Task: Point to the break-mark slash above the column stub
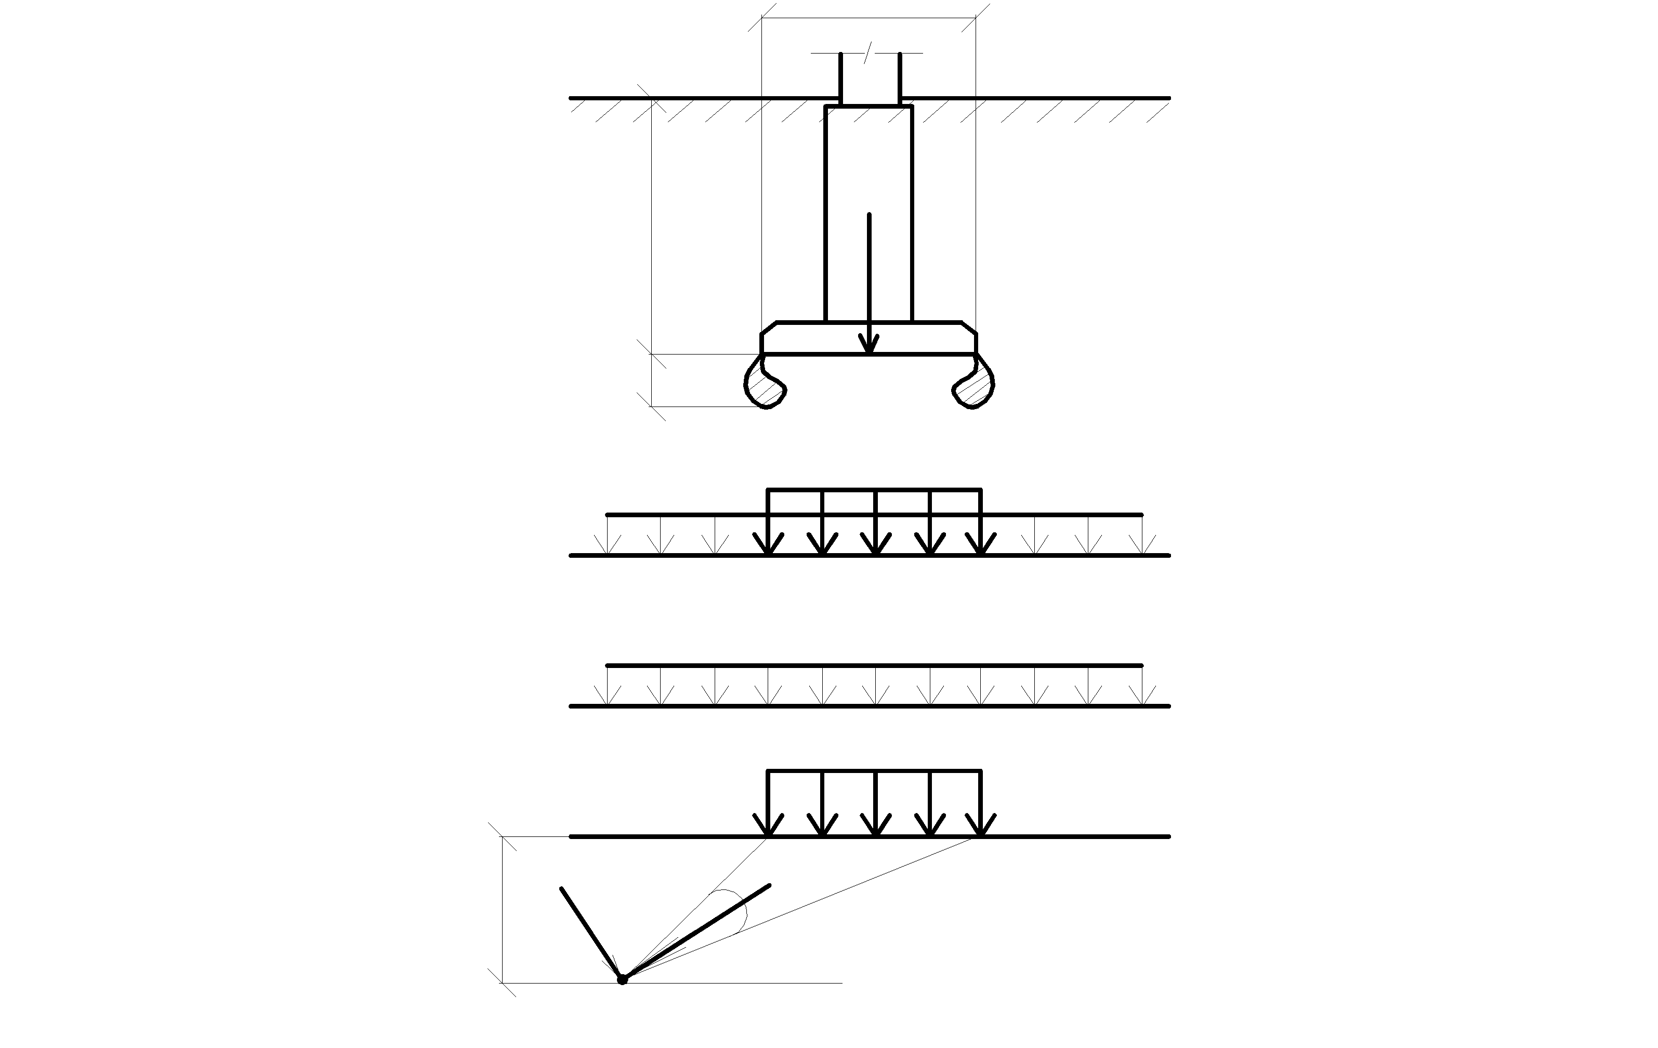(x=869, y=53)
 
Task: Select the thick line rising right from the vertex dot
(x=695, y=932)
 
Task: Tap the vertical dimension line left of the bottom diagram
(x=503, y=909)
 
